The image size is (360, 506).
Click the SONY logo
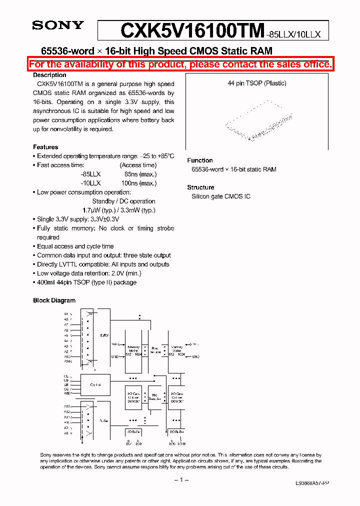58,25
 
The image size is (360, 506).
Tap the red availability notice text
180,64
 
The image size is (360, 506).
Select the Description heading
49,75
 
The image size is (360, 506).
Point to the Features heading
45,147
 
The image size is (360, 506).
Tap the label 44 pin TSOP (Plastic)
257,83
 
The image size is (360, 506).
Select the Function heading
200,160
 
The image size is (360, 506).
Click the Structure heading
200,187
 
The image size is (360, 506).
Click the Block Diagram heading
54,300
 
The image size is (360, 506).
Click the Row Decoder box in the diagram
155,349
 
